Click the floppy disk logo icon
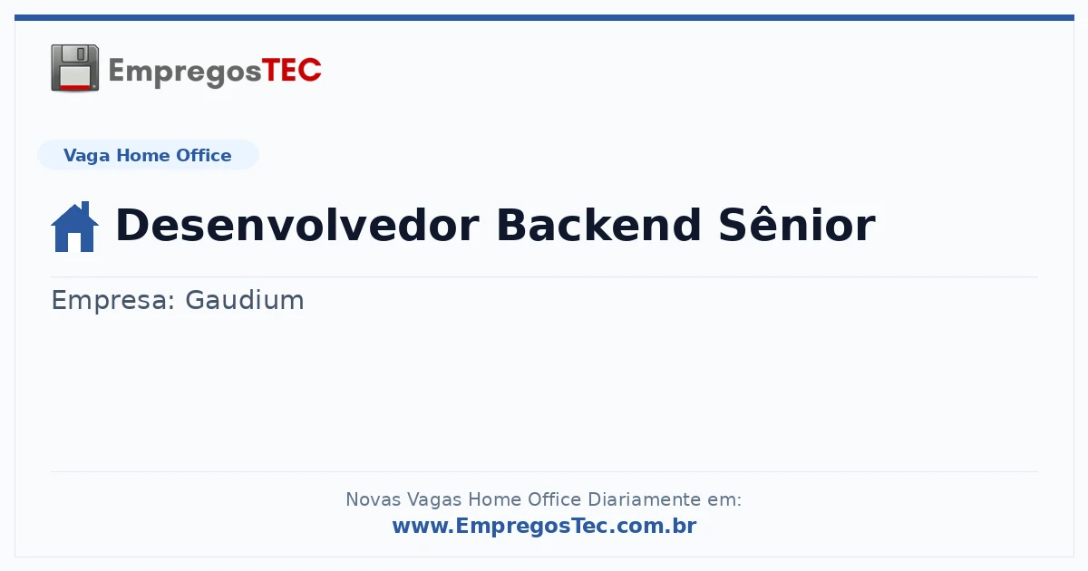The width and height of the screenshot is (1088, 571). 74,67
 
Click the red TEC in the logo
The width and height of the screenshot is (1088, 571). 291,70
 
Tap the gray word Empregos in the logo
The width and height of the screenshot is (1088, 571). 185,73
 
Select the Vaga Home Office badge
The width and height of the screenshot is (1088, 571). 148,155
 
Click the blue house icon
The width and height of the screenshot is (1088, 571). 74,227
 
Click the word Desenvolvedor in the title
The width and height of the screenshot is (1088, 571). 297,225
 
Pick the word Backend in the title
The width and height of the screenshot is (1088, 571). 598,225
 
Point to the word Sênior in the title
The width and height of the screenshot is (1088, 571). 797,224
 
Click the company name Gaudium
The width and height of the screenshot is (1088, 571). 244,300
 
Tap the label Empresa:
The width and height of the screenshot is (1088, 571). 112,300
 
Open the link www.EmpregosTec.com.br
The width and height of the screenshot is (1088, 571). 544,526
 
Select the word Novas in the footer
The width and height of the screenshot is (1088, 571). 373,499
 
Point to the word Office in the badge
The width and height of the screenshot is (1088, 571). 203,155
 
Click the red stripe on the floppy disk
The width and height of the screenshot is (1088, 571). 75,87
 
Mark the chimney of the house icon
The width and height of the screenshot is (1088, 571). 85,208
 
